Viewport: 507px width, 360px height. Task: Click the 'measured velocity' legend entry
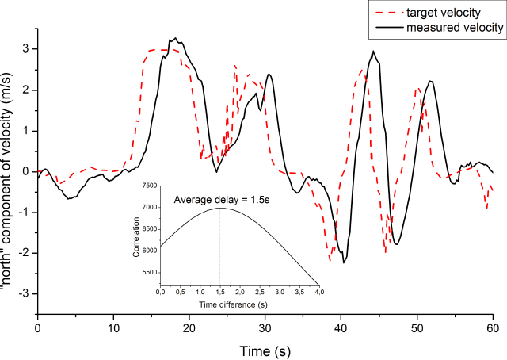[x=454, y=28]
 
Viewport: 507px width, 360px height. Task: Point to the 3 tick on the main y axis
[x=25, y=49]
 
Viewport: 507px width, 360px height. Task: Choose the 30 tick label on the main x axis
[x=265, y=325]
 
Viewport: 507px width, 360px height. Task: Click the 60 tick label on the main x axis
[x=493, y=325]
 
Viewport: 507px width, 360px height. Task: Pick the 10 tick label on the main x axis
[x=114, y=325]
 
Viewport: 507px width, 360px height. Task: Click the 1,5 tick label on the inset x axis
[x=219, y=293]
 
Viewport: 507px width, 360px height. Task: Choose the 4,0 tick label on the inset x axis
[x=318, y=293]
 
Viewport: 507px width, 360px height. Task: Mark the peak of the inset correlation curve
[x=219, y=208]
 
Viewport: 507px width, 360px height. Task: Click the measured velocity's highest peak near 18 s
[x=172, y=38]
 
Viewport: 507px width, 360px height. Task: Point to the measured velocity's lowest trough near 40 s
[x=344, y=262]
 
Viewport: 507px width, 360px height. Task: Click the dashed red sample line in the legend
[x=385, y=13]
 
